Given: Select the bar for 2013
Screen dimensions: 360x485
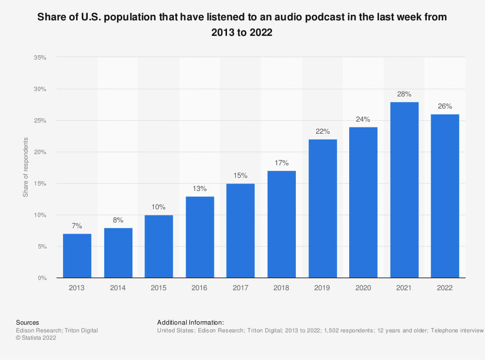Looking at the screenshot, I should (x=77, y=256).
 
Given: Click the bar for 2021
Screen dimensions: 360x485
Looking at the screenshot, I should (x=404, y=190).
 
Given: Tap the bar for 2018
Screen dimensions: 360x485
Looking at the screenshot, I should (x=281, y=224).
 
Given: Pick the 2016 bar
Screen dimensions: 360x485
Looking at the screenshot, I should (x=200, y=237).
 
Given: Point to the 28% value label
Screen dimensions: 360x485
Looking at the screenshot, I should (x=404, y=94).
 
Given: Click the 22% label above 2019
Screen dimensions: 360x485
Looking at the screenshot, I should (x=323, y=132).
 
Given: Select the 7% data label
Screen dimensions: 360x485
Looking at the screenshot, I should (x=77, y=226).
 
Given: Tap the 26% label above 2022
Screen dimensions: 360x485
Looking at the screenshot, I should (x=445, y=106).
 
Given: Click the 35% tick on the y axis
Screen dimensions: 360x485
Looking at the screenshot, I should (x=40, y=58).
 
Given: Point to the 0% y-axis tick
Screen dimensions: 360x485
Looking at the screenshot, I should (x=42, y=278).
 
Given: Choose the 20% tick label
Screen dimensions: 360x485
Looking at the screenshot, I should (x=40, y=152).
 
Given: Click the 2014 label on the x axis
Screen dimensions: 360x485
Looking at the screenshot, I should (x=118, y=288).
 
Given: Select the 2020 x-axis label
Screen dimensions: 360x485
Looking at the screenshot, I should (x=363, y=288).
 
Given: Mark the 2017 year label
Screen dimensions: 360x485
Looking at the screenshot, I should (x=241, y=288).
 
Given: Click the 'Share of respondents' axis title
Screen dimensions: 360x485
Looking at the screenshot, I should (x=26, y=168).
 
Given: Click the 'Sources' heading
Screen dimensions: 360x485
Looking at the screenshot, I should (x=28, y=322).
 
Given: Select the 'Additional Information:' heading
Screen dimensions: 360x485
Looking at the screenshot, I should (x=191, y=322).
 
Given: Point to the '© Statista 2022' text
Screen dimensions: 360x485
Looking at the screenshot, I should (x=36, y=338).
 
